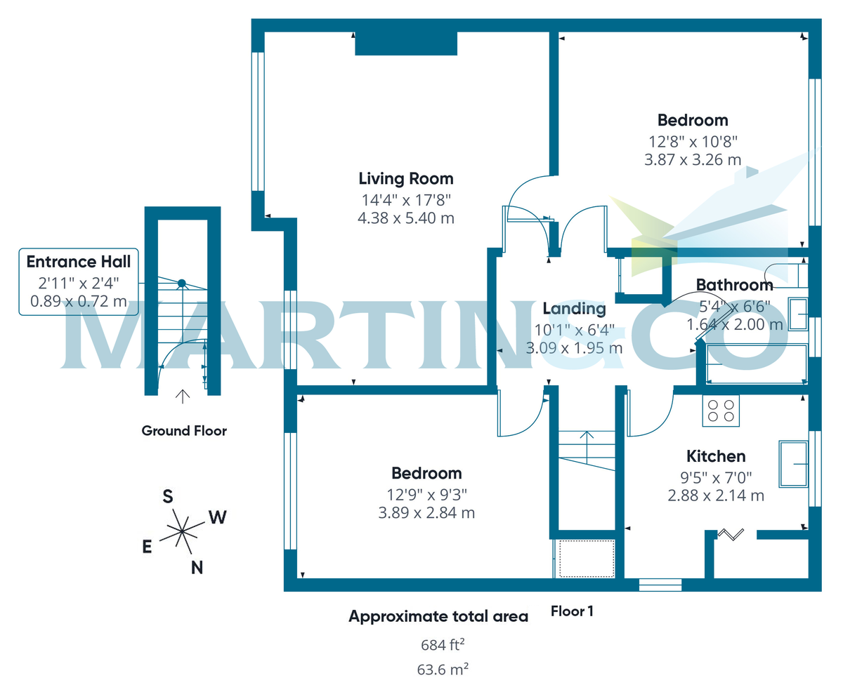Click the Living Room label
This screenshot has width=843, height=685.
click(x=406, y=178)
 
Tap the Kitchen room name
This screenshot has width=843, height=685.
click(x=716, y=456)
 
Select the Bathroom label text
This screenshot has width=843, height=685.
click(x=734, y=284)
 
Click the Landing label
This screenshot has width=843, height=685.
click(x=574, y=308)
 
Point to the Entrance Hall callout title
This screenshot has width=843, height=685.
click(x=78, y=262)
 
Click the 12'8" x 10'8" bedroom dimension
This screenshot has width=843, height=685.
click(x=692, y=140)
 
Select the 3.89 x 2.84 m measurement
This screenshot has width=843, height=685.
click(x=426, y=513)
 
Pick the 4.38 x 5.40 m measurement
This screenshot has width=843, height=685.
click(x=406, y=218)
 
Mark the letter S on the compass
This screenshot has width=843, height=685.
click(x=168, y=497)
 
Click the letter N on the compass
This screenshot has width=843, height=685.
click(x=197, y=568)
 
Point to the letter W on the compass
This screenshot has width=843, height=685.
click(x=218, y=518)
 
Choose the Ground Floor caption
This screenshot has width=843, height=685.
click(x=184, y=431)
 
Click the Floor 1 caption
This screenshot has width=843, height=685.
click(x=573, y=611)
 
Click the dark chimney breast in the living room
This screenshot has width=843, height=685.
click(x=406, y=43)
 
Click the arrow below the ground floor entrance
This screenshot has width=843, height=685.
click(x=183, y=397)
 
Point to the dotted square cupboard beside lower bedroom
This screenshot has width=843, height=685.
click(x=584, y=559)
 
